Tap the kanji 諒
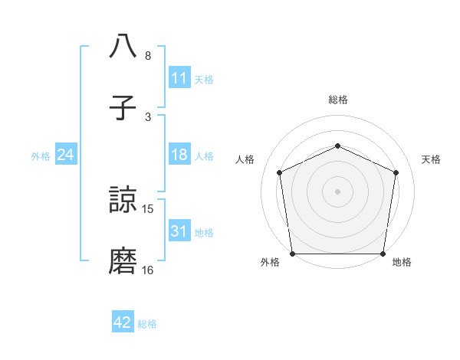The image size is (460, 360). (x=123, y=201)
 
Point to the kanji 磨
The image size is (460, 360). (x=123, y=261)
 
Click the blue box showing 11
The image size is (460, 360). (x=179, y=78)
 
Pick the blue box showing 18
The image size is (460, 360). (x=179, y=155)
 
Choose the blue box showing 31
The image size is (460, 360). (x=179, y=231)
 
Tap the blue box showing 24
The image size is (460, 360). (x=65, y=155)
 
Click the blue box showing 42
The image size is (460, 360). (x=123, y=322)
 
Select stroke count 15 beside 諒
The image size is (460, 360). (x=148, y=208)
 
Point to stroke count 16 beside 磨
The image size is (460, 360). (x=148, y=270)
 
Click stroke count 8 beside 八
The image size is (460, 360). (x=148, y=55)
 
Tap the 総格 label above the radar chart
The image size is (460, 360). (x=337, y=100)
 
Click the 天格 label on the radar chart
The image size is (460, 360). (x=432, y=159)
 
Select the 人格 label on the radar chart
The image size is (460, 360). (x=245, y=159)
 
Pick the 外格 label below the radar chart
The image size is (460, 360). (x=270, y=263)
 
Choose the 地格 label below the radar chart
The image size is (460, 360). (x=402, y=263)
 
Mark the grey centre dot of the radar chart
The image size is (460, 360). (x=337, y=191)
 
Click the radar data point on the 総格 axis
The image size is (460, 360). (x=337, y=146)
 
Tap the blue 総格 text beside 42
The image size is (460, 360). (x=147, y=324)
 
